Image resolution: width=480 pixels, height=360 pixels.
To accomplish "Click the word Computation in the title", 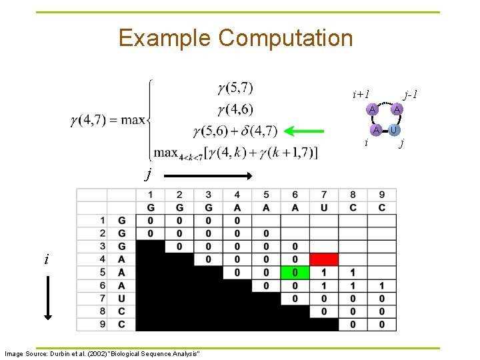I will pos(285,38).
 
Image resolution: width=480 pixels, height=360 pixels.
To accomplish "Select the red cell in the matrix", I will pos(324,259).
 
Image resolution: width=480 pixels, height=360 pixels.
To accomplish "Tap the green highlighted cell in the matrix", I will pos(295,273).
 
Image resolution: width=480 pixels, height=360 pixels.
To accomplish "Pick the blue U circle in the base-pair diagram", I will pos(395,129).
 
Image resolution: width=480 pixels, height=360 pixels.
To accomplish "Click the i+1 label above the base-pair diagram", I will pos(361,95).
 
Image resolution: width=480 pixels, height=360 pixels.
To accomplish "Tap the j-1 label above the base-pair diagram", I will pos(411,95).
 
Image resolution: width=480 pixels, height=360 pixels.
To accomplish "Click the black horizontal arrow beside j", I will pos(208,175).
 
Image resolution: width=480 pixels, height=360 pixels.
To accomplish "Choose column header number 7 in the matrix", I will pos(324,195).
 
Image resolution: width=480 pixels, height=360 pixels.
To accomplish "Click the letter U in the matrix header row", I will pos(324,207).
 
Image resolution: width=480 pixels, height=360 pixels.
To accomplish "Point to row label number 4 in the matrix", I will pos(102,259).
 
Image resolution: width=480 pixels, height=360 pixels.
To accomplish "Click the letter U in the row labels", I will pos(121,298).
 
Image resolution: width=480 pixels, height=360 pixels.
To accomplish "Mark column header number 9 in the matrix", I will pos(382,195).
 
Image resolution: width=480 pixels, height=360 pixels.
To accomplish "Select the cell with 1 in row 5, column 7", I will pos(324,273).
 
